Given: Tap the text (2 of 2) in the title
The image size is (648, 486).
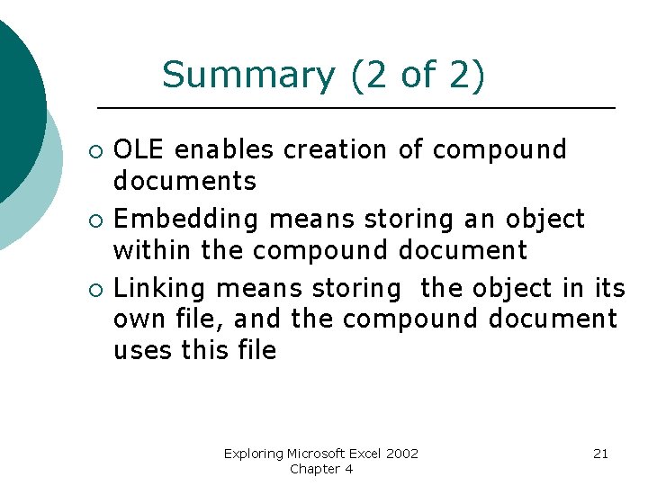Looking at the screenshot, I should pos(416,76).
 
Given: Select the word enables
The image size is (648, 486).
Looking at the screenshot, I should pos(225,149).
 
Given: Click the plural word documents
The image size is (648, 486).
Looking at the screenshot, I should pos(184,181).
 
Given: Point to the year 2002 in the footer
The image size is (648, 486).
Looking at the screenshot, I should pos(402,454).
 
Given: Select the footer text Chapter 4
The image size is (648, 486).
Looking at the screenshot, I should pos(321,469).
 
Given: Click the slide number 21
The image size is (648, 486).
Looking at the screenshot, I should pos(600,454).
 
